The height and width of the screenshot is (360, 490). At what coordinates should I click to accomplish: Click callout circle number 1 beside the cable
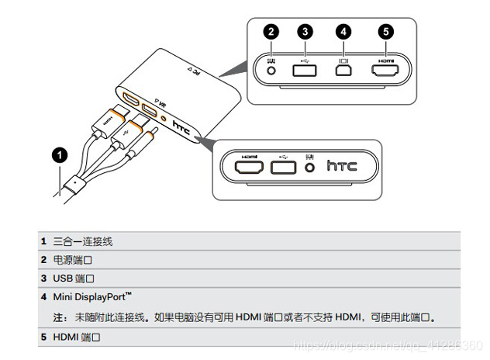tap(59, 155)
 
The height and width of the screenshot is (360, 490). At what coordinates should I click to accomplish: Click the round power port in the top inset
tap(271, 69)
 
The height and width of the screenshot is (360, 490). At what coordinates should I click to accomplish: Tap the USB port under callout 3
tap(305, 69)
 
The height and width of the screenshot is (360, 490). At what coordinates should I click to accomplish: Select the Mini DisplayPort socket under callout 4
tap(343, 69)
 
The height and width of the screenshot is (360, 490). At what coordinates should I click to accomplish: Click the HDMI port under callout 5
tap(385, 69)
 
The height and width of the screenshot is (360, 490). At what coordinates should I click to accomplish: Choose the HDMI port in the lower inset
tap(250, 166)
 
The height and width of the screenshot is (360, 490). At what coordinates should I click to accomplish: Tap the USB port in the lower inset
tap(283, 166)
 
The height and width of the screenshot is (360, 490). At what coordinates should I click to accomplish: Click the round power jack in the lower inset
tap(311, 166)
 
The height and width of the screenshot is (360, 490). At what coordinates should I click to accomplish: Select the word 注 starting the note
tap(58, 318)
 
